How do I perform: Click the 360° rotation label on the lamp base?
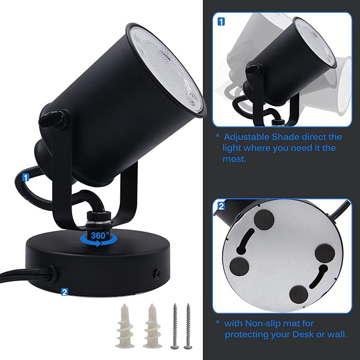[100, 235]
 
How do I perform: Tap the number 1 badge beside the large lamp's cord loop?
[25, 178]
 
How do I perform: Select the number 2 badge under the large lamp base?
[65, 292]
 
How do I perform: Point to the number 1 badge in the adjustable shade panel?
[221, 22]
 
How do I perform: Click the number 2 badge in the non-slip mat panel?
[221, 206]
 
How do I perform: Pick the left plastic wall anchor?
[125, 326]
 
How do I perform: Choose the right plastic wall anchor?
[152, 326]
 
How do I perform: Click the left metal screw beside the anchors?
[175, 326]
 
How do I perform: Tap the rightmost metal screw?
[188, 326]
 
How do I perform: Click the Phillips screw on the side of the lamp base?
[157, 274]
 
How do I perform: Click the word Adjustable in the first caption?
[247, 137]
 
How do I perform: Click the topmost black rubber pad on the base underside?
[264, 219]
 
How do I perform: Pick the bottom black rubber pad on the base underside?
[298, 295]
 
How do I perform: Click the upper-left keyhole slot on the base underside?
[245, 241]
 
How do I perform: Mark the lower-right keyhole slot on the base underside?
[319, 277]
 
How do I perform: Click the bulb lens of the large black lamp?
[167, 69]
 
